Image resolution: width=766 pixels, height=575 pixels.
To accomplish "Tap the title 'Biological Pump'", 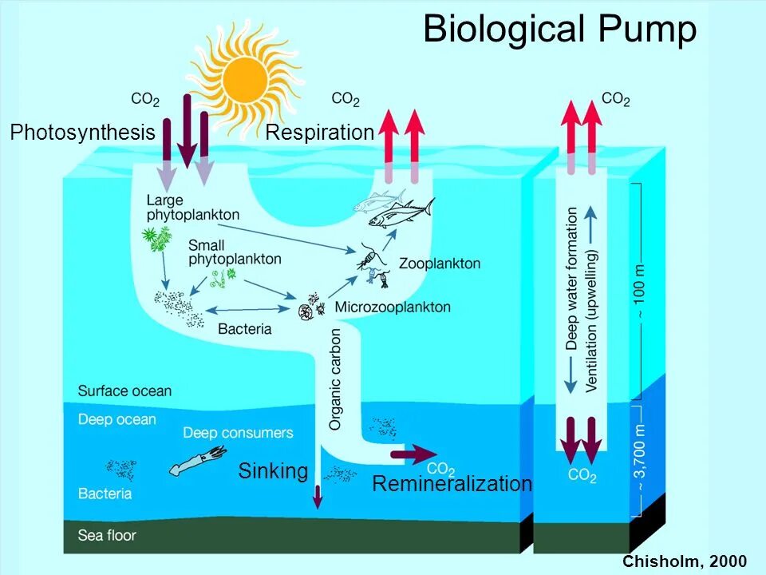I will point(559,30).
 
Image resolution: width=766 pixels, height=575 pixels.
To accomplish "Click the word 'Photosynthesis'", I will point(82,133).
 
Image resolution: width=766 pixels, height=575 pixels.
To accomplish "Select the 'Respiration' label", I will point(319,133).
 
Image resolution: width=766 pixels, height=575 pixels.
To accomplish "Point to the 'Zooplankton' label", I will point(440,263).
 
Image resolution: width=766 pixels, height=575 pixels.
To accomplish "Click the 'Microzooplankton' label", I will point(393,307).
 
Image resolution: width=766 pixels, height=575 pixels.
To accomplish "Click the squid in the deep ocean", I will point(191,462).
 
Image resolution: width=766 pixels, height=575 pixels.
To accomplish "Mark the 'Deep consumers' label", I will point(238,433).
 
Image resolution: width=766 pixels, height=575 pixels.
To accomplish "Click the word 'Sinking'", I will point(273,471).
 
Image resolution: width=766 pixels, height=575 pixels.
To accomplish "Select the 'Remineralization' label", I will point(452,484).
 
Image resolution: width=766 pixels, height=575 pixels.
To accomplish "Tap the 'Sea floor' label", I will point(107,534).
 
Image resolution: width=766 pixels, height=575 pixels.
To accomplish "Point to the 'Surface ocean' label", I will point(124,391).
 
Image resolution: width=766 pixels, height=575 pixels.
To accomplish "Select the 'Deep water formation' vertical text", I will point(572,280).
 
